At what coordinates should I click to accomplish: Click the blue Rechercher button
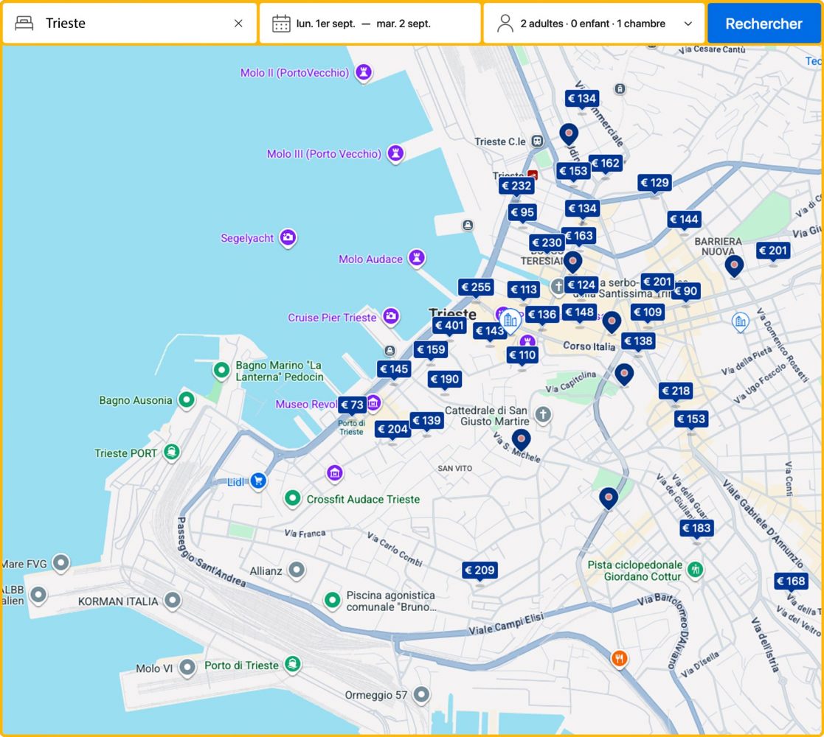point(764,24)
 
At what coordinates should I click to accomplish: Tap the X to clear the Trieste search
point(238,24)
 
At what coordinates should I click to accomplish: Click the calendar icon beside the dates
point(281,24)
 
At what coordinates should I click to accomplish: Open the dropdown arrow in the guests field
point(688,24)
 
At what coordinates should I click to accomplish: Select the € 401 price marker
point(449,326)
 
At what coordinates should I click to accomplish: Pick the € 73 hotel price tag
point(352,405)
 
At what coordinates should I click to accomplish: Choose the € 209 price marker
point(479,570)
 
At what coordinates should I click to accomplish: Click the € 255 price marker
point(476,287)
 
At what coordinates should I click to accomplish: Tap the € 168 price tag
point(791,581)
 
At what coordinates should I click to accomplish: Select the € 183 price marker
point(696,528)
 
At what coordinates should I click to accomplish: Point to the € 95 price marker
point(522,212)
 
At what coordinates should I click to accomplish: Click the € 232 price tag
point(516,186)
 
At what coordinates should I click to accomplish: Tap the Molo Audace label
point(370,259)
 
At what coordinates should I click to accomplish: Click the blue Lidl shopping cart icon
point(257,481)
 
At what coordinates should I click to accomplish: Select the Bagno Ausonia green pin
point(187,400)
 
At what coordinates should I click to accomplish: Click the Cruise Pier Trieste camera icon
point(391,317)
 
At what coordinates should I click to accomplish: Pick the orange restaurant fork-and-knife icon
point(619,658)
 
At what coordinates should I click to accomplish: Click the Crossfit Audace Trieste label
point(363,499)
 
